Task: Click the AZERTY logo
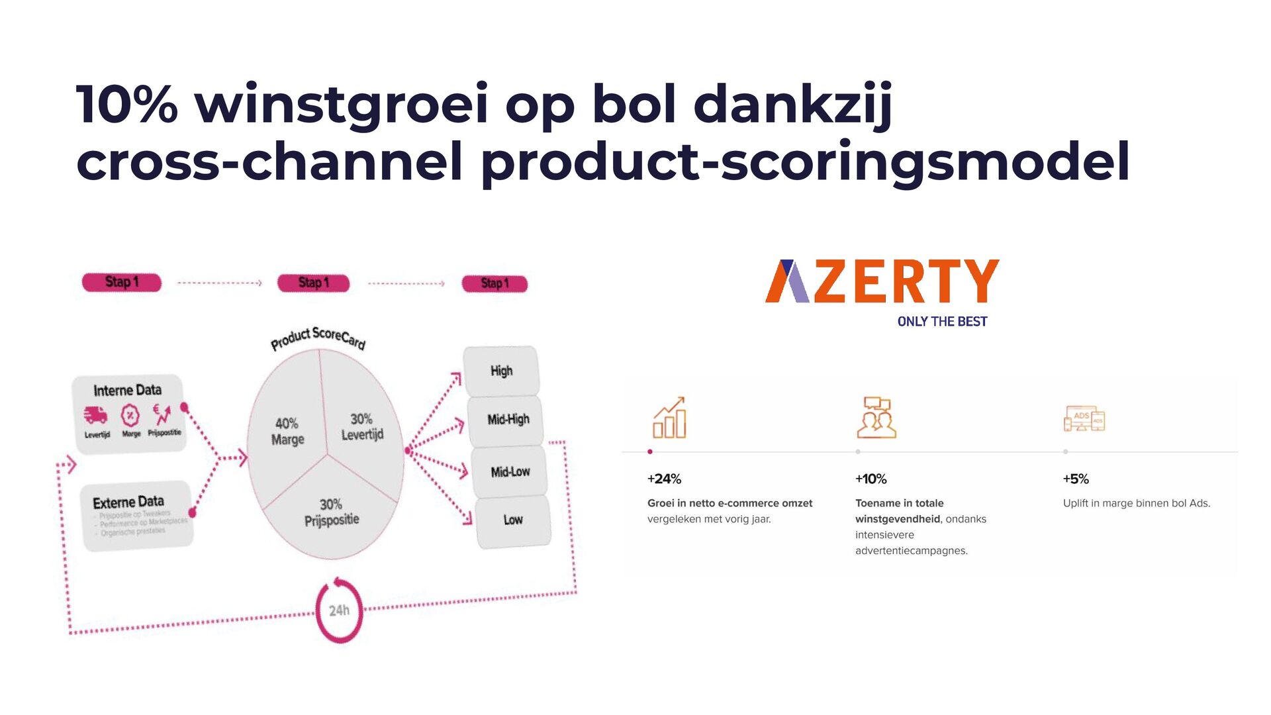(x=882, y=281)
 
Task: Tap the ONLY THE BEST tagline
(x=942, y=322)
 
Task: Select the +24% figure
(x=664, y=479)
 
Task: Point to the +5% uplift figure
(x=1076, y=479)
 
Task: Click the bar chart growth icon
(x=669, y=418)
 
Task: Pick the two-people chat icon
(x=876, y=418)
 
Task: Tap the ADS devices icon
(x=1084, y=419)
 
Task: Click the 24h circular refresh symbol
(x=340, y=610)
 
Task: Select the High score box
(x=501, y=371)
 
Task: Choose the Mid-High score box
(x=508, y=420)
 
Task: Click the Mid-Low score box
(x=510, y=471)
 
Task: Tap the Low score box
(x=513, y=520)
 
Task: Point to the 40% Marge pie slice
(x=288, y=431)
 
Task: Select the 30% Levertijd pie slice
(x=362, y=426)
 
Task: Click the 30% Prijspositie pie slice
(x=332, y=512)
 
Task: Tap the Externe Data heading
(x=128, y=502)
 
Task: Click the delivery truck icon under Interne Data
(x=95, y=416)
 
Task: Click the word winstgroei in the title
(x=341, y=104)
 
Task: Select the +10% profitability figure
(x=871, y=479)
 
